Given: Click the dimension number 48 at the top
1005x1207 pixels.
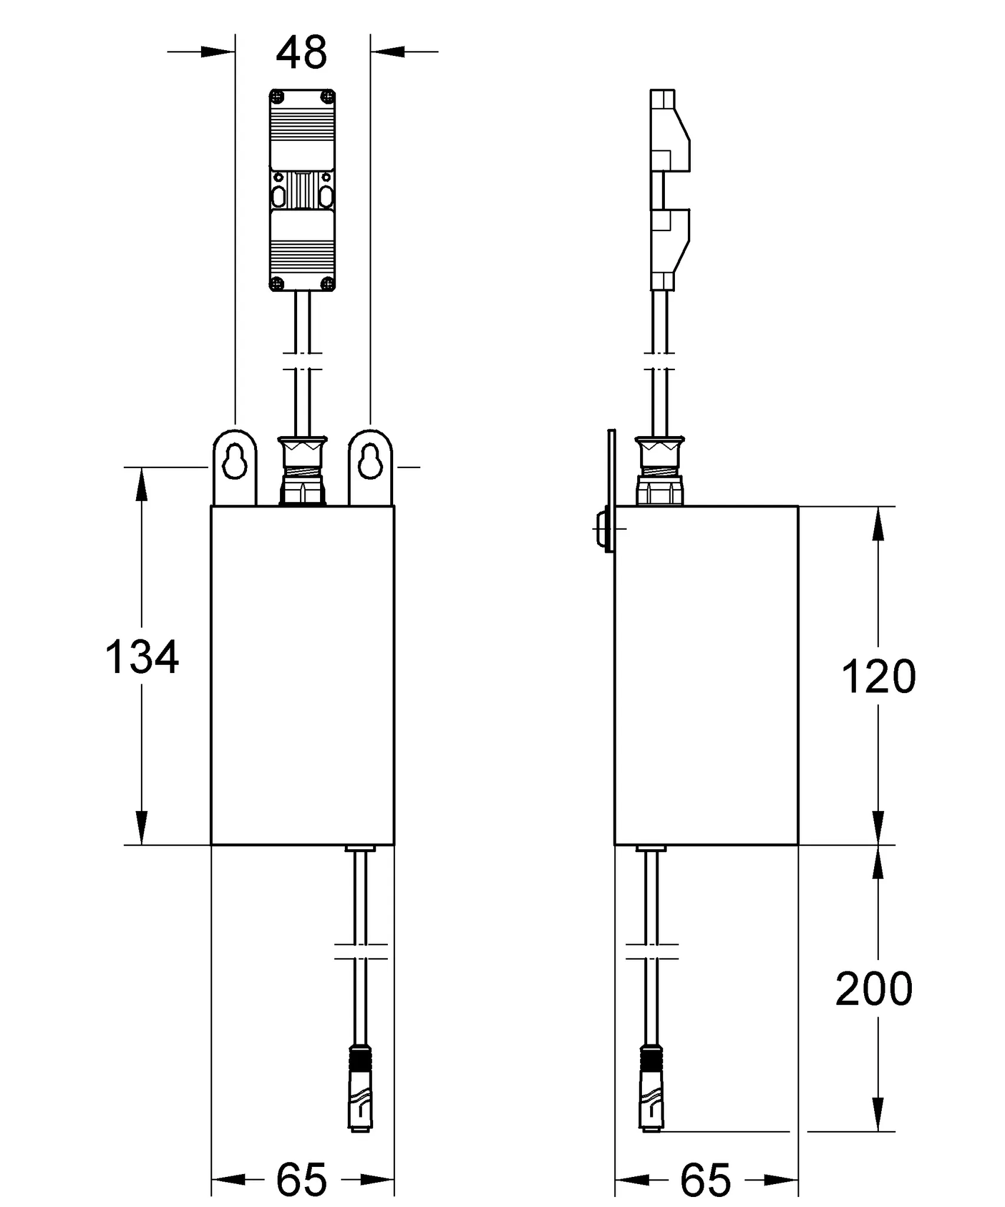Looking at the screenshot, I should [x=301, y=53].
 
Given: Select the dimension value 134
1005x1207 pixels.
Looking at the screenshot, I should [x=142, y=657].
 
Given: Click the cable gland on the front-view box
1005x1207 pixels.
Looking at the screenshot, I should [x=302, y=470].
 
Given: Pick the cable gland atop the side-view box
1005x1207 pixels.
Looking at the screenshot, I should [x=660, y=470].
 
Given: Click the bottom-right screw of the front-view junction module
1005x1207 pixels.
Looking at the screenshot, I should [x=328, y=284].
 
